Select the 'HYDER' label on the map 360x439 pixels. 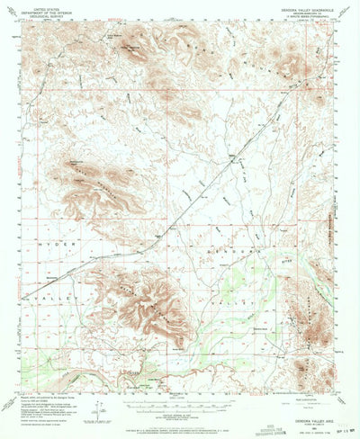[45, 243]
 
